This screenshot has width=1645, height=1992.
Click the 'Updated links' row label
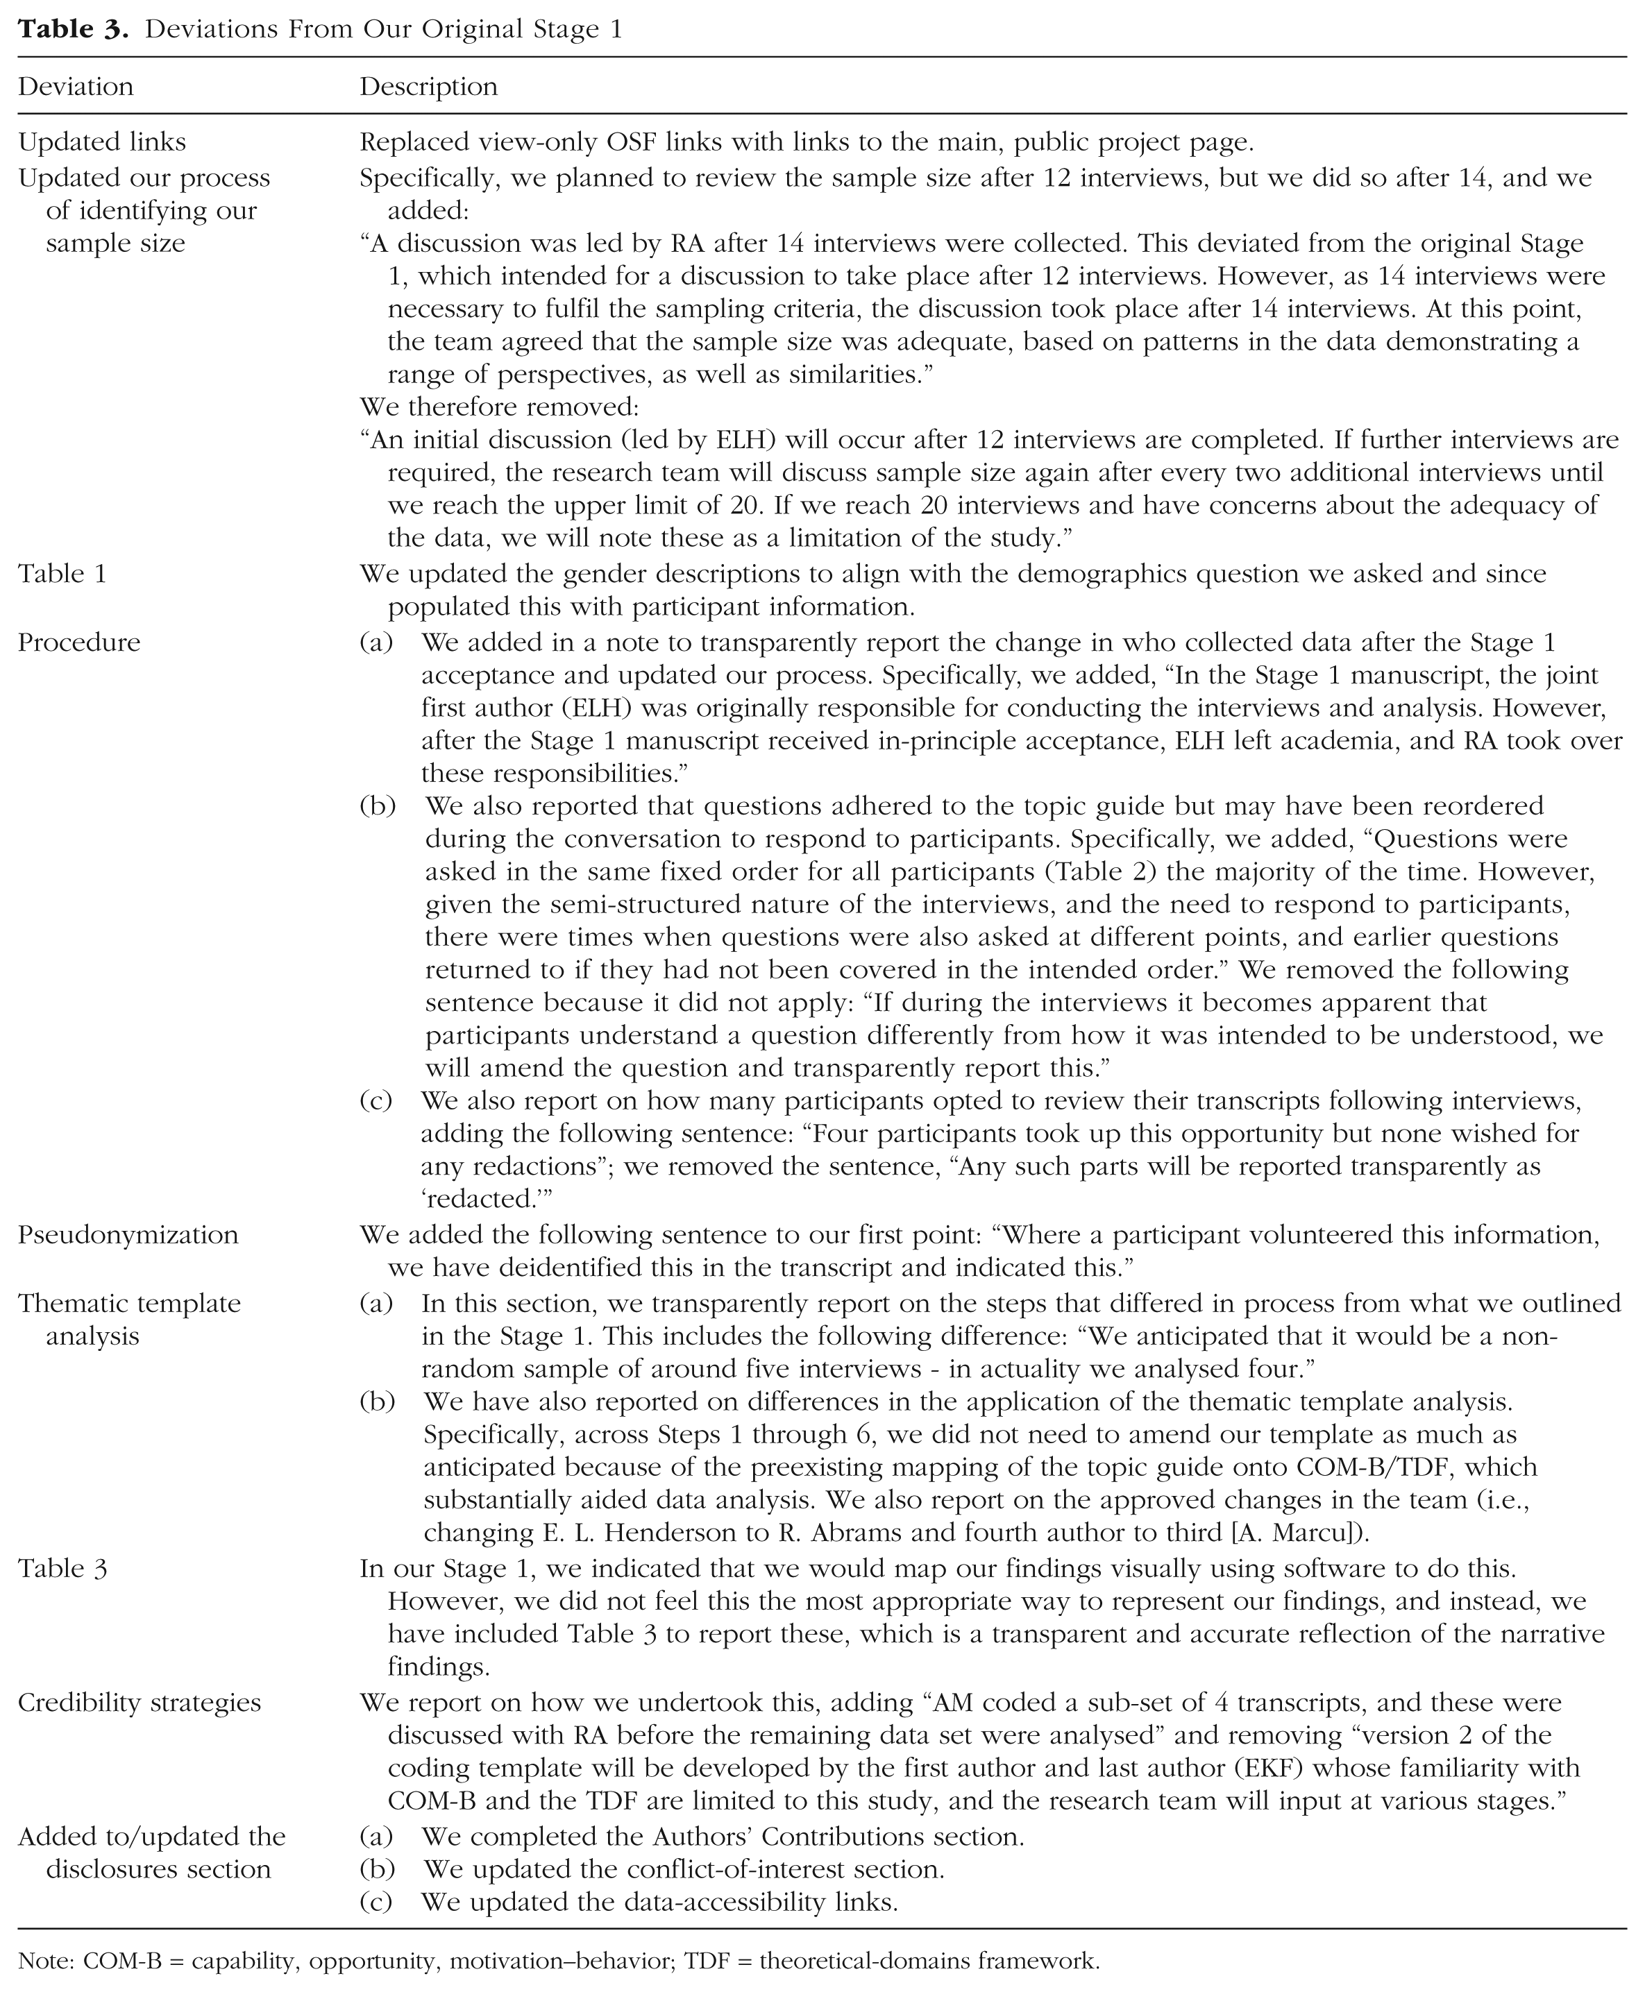coord(102,142)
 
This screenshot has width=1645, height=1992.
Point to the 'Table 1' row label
coord(62,573)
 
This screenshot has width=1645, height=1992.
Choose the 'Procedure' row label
coord(80,642)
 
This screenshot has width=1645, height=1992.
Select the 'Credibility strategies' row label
coord(140,1702)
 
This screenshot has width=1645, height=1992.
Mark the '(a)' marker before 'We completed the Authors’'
coord(376,1837)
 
